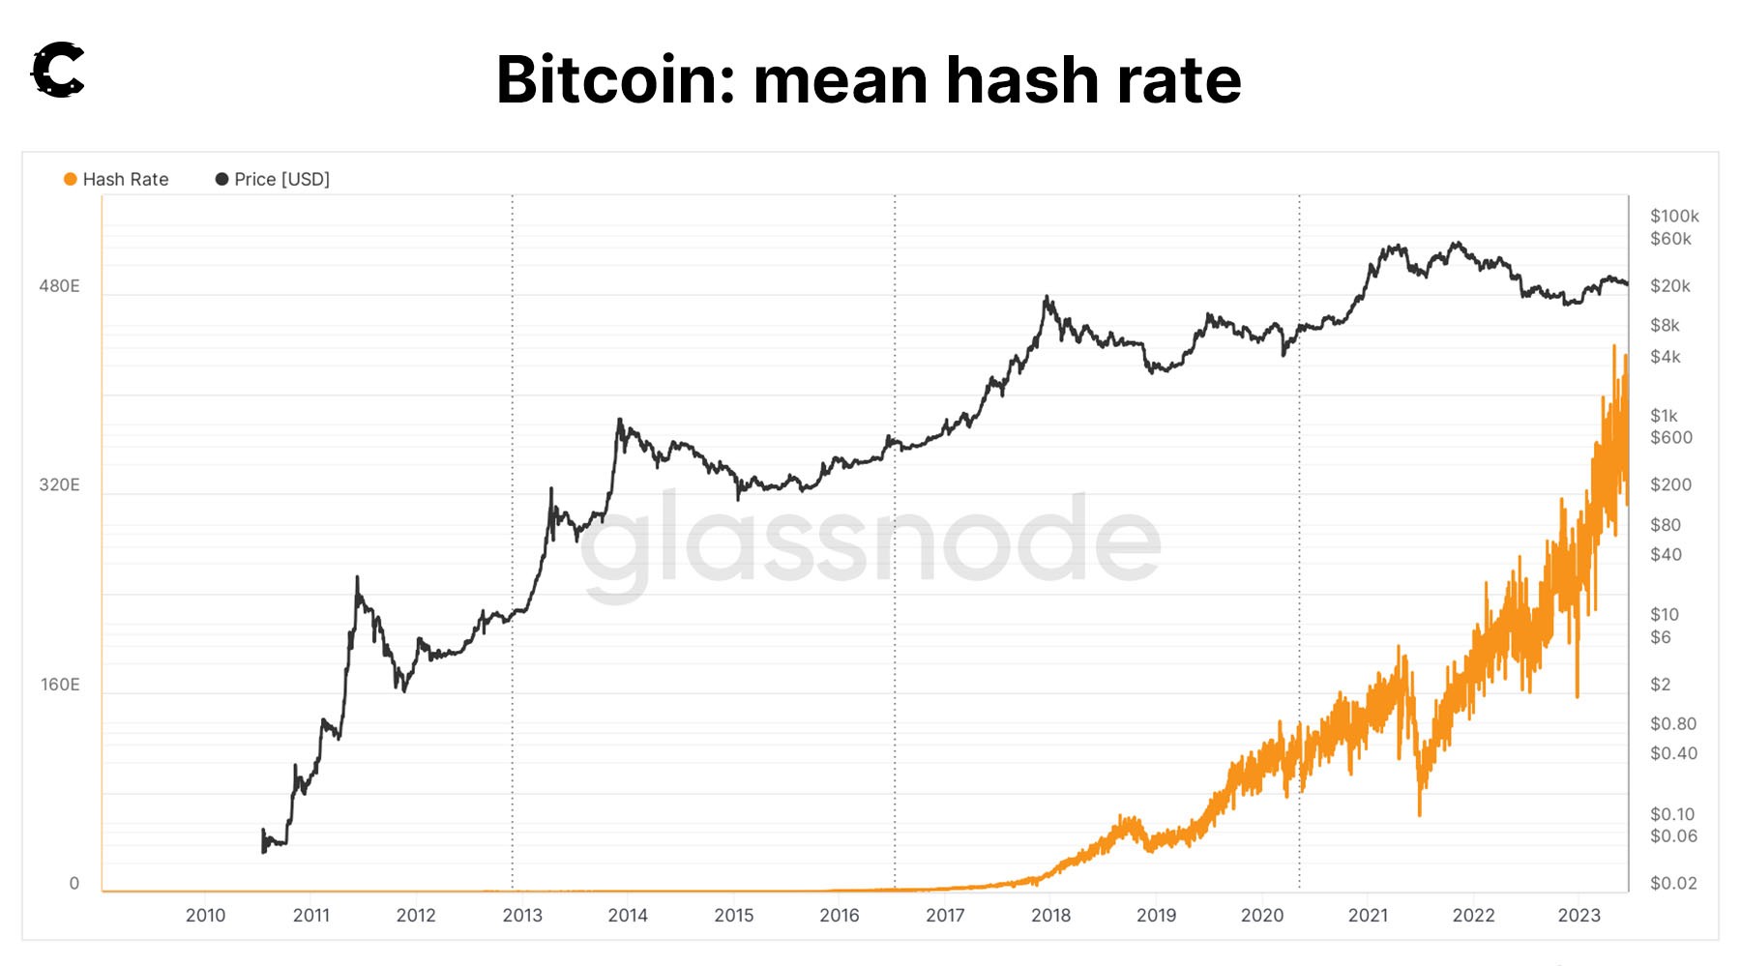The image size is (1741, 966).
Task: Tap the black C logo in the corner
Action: click(58, 70)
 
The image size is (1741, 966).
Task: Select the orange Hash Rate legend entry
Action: click(116, 179)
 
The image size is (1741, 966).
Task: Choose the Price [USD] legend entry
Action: click(273, 179)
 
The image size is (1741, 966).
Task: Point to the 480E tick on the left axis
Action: click(59, 286)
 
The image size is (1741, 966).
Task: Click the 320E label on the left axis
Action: click(59, 484)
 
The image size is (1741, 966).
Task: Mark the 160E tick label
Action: click(60, 685)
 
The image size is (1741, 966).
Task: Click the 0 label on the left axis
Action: click(74, 883)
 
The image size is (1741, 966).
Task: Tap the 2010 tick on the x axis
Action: click(205, 915)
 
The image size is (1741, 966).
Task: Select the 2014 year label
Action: click(628, 915)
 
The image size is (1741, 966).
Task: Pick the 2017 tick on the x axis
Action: click(945, 915)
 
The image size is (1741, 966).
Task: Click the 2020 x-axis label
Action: click(1262, 915)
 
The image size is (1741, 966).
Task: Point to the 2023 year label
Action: click(1579, 915)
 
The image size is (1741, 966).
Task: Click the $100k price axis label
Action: click(1674, 216)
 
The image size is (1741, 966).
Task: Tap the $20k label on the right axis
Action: click(1670, 286)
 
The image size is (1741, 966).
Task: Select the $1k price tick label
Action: click(1665, 416)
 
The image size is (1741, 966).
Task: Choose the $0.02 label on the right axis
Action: click(1673, 883)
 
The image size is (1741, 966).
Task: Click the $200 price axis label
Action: click(1670, 484)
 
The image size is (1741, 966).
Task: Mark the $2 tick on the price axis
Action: click(1660, 685)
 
